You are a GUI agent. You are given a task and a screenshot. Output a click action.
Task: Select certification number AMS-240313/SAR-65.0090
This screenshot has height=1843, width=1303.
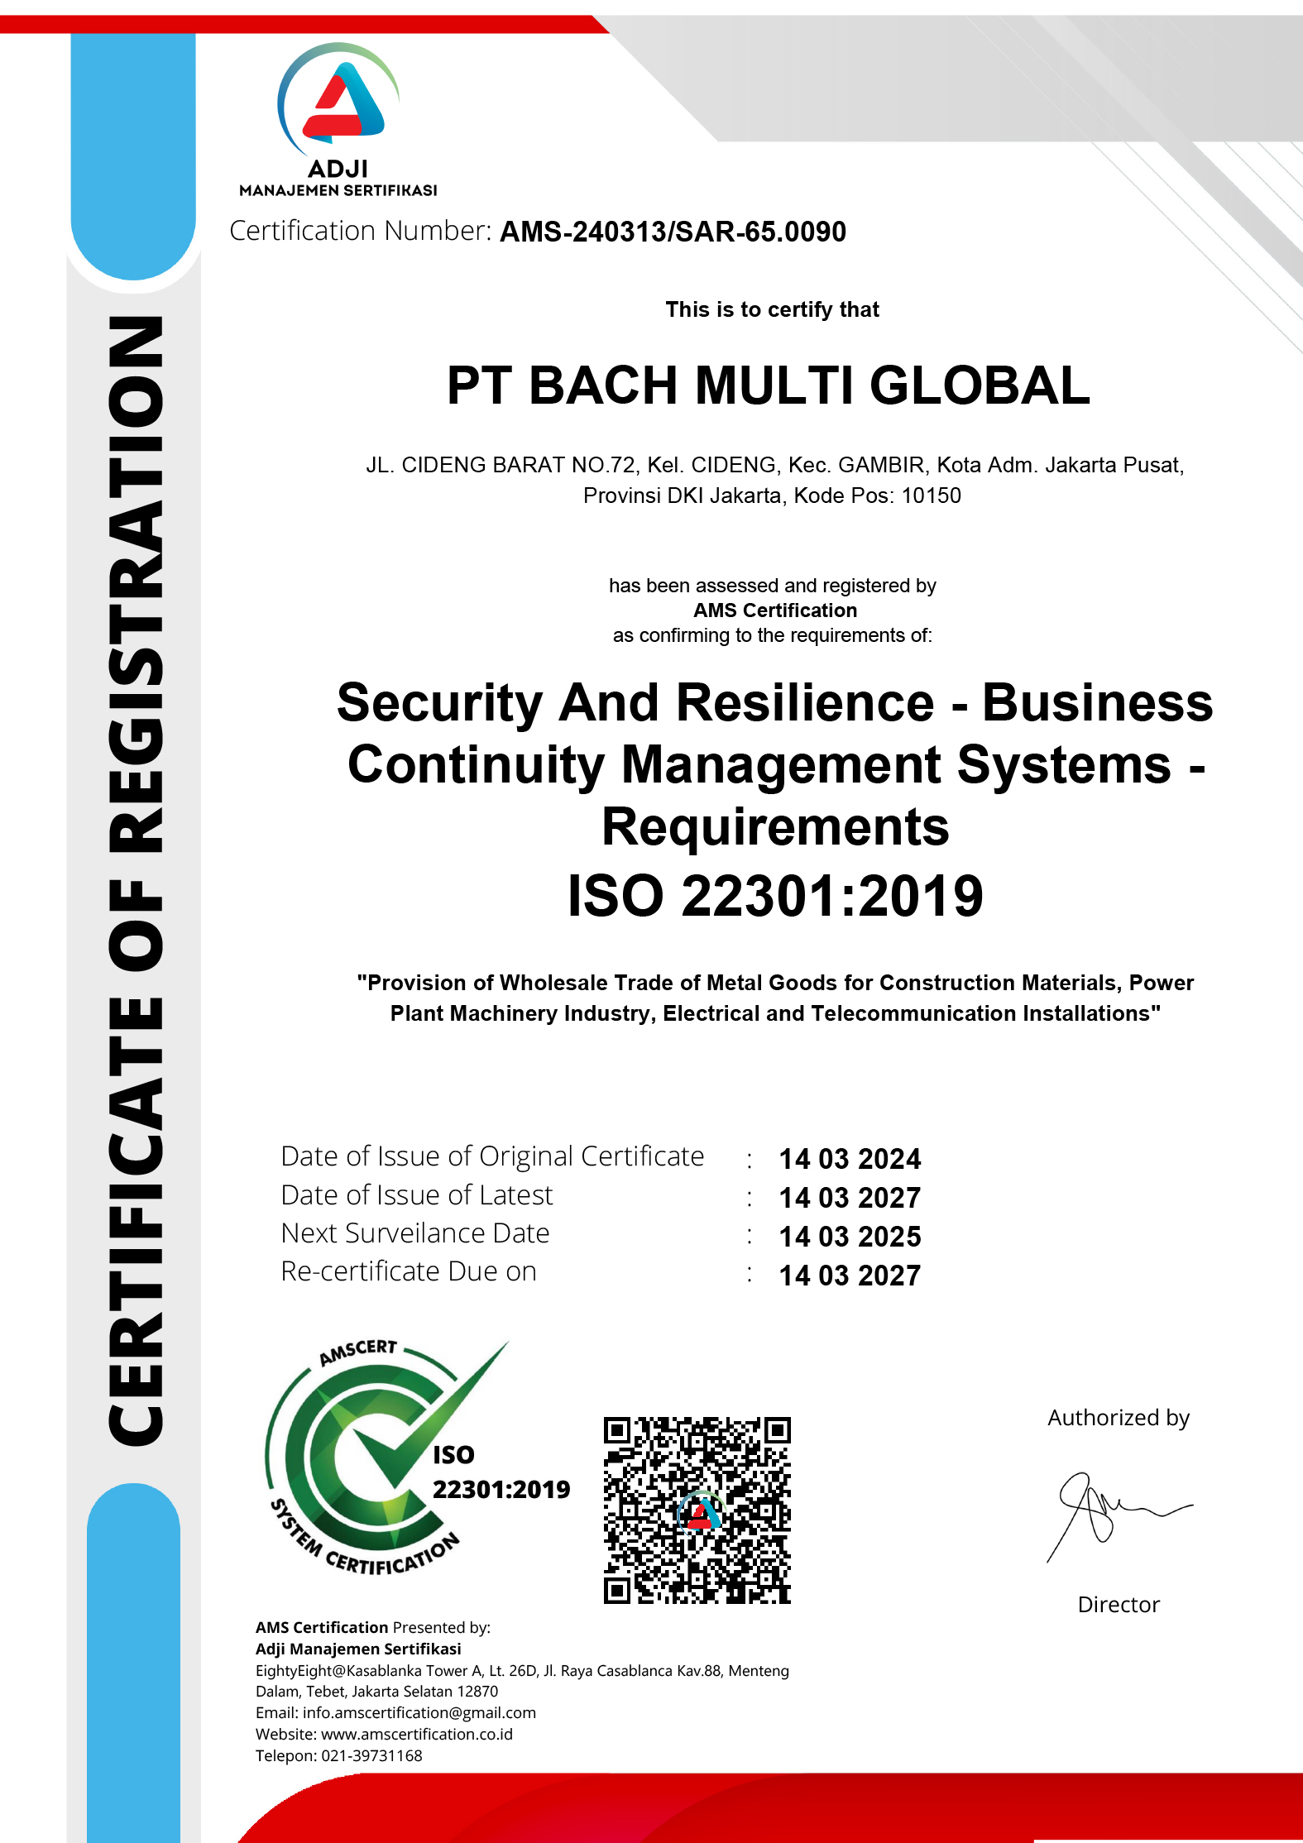pyautogui.click(x=673, y=232)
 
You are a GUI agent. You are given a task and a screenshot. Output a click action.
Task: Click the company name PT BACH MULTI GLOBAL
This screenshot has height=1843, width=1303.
pyautogui.click(x=768, y=386)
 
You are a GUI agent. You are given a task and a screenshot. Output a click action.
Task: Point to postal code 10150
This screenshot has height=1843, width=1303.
pyautogui.click(x=931, y=496)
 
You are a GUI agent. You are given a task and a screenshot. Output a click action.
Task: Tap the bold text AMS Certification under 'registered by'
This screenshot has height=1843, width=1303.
pyautogui.click(x=775, y=610)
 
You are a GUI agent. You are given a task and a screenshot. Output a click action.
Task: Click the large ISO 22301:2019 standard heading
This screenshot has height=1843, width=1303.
pyautogui.click(x=775, y=897)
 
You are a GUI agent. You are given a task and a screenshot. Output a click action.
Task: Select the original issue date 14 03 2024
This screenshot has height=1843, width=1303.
pyautogui.click(x=850, y=1159)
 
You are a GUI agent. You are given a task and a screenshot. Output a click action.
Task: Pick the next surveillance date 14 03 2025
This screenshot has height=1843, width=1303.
pyautogui.click(x=850, y=1237)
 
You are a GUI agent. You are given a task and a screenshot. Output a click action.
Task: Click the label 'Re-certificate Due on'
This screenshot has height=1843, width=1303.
pyautogui.click(x=409, y=1271)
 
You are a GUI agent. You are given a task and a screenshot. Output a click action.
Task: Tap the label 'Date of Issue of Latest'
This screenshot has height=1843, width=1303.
pyautogui.click(x=416, y=1195)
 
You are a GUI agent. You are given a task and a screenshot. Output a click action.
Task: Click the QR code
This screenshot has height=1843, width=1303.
pyautogui.click(x=697, y=1510)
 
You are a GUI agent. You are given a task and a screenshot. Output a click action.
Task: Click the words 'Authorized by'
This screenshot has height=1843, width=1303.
pyautogui.click(x=1118, y=1418)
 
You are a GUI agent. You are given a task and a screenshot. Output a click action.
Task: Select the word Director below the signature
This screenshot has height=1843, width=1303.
pyautogui.click(x=1119, y=1605)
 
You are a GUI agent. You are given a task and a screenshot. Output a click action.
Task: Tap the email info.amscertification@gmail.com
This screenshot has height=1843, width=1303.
pyautogui.click(x=419, y=1712)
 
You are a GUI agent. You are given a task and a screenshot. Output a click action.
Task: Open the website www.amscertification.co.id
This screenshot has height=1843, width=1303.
pyautogui.click(x=416, y=1734)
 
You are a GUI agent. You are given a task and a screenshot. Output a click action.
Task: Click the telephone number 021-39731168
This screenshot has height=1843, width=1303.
pyautogui.click(x=371, y=1755)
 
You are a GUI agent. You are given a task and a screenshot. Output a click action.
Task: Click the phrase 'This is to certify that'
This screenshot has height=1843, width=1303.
pyautogui.click(x=772, y=309)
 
